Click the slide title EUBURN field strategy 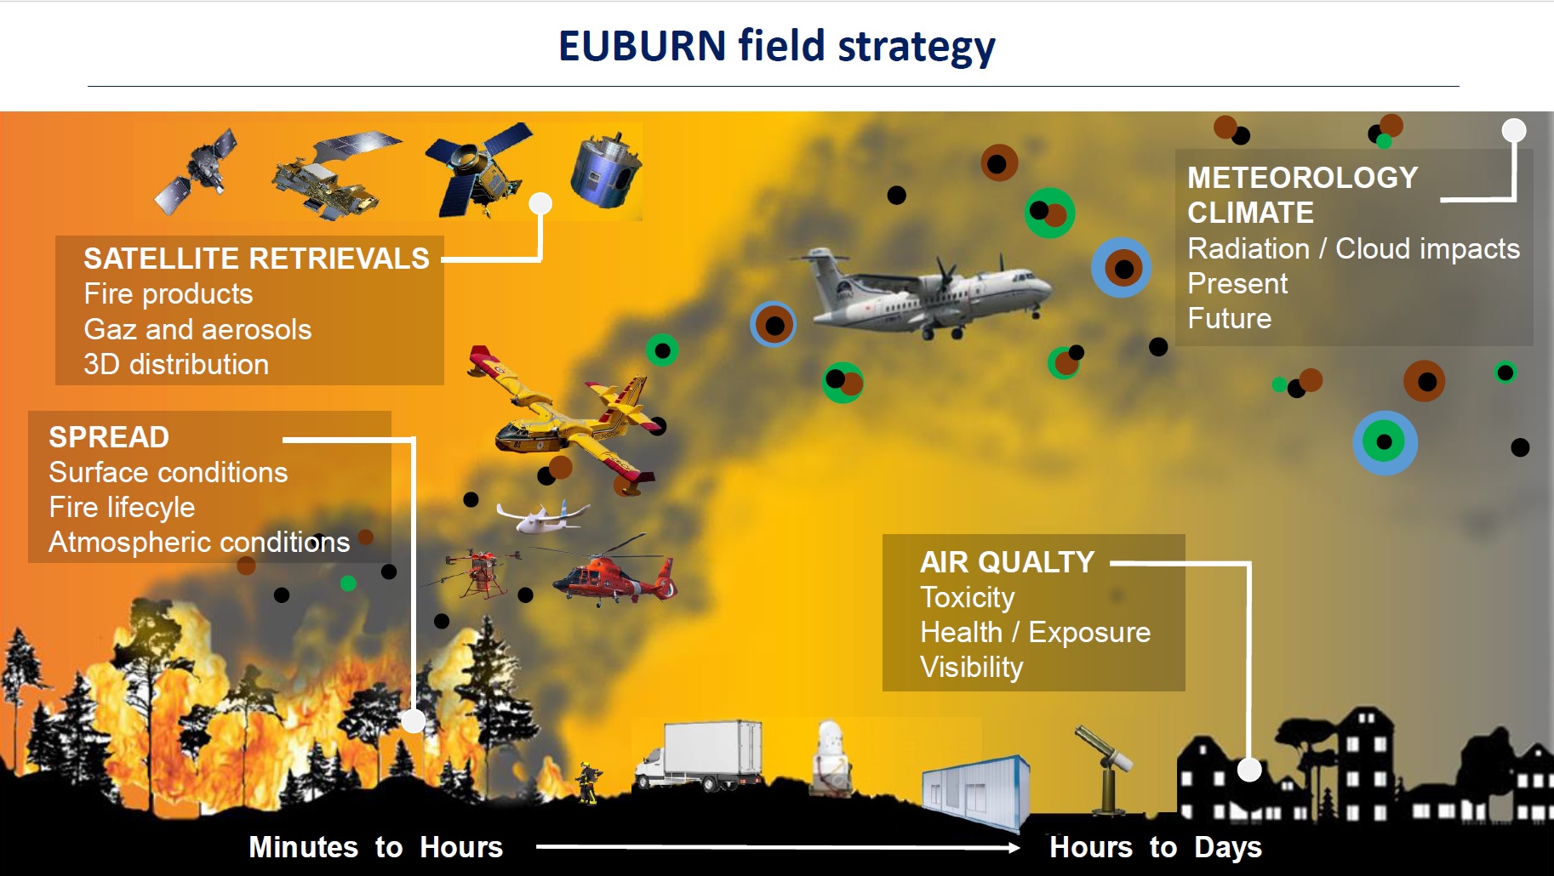click(x=776, y=47)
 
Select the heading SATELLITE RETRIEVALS click(x=256, y=259)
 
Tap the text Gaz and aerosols click(x=197, y=329)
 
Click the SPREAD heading click(x=109, y=437)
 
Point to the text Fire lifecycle click(x=122, y=508)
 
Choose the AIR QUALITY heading click(x=1007, y=562)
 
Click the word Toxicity click(x=968, y=598)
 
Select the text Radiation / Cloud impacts click(x=1353, y=248)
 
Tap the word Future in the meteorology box click(x=1229, y=318)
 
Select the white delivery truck click(x=700, y=755)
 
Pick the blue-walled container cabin click(x=977, y=791)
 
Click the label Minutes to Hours click(x=375, y=847)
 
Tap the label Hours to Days click(x=1155, y=847)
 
